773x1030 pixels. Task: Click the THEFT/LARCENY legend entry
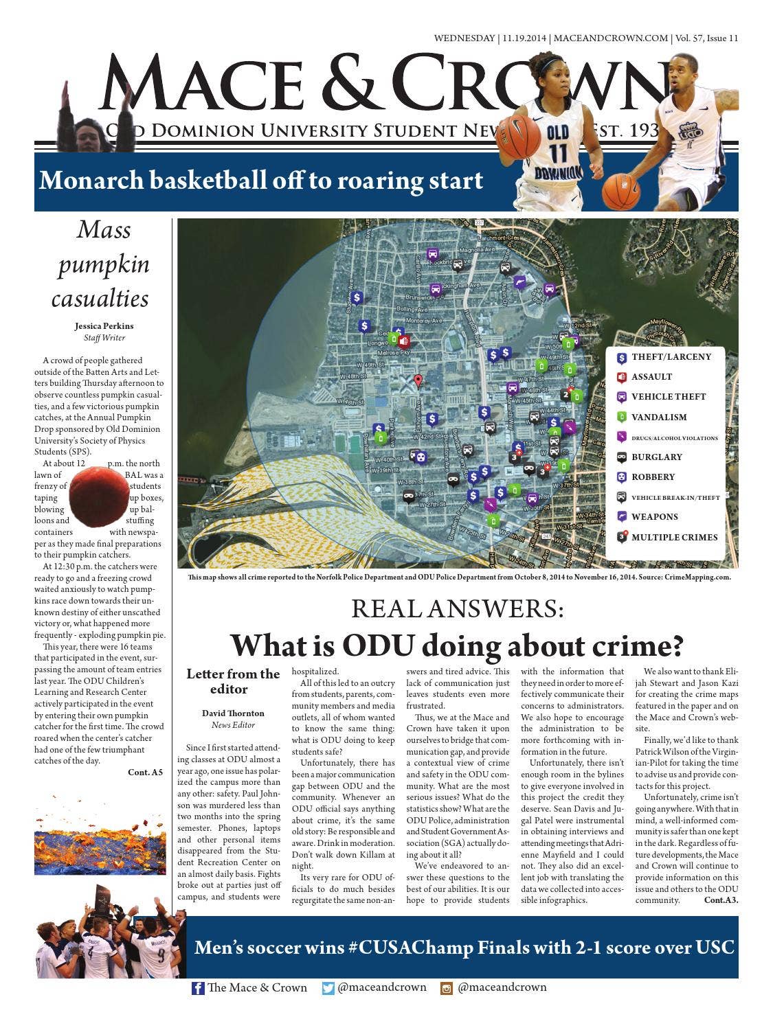tap(670, 357)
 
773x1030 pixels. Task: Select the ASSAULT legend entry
tap(651, 377)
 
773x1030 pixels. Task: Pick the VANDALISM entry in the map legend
tap(658, 417)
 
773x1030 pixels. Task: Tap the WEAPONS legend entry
tap(654, 517)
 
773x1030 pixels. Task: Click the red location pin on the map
tap(417, 381)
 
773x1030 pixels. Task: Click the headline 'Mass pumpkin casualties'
tap(102, 264)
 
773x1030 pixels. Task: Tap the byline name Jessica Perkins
tap(104, 326)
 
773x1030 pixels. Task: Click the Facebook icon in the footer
tap(198, 989)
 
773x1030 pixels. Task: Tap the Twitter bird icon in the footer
tap(328, 989)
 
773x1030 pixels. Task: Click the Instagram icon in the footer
tap(447, 989)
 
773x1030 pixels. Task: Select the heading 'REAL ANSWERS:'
tap(457, 608)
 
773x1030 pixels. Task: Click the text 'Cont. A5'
tap(145, 772)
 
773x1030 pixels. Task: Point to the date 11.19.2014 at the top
tap(524, 38)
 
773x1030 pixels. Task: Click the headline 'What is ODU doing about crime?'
tap(457, 645)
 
